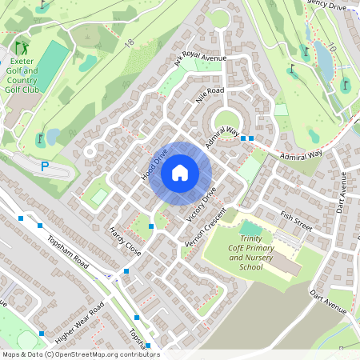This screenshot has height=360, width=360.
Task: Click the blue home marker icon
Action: point(180,172)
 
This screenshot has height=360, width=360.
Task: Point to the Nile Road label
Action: point(210,96)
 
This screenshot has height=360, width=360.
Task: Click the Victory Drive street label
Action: point(201,206)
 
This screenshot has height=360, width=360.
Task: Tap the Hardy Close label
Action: point(125,241)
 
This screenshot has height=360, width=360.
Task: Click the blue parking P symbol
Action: point(46,166)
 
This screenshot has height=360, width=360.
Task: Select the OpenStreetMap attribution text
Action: point(81,354)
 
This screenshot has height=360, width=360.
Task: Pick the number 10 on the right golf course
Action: point(330,50)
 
